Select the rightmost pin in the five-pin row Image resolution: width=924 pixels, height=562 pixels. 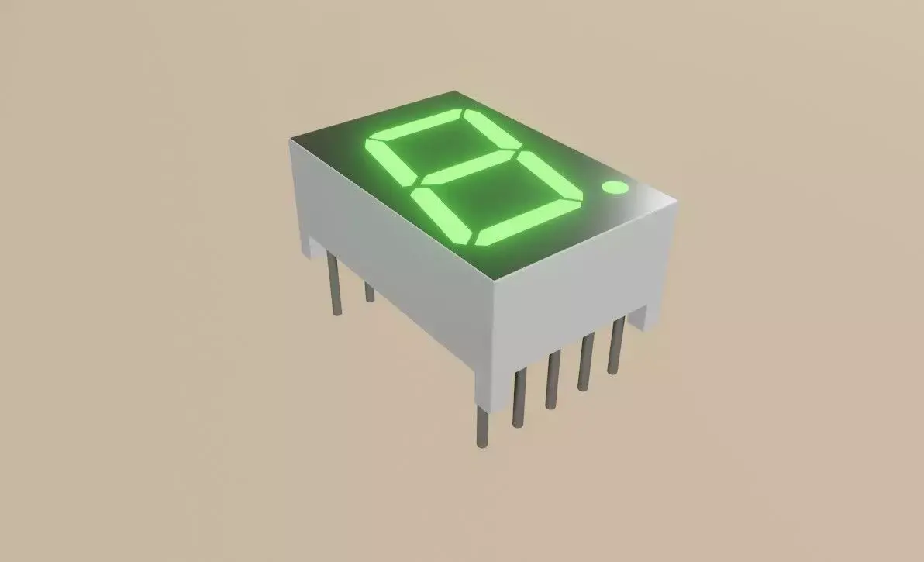[615, 345]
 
